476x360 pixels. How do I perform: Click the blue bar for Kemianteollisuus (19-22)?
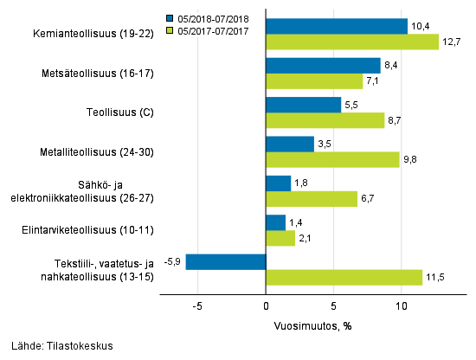click(x=337, y=26)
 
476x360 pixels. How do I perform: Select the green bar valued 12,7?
click(x=352, y=42)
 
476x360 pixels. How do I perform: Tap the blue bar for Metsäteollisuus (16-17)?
click(x=323, y=66)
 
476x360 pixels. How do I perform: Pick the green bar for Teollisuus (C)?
click(x=325, y=120)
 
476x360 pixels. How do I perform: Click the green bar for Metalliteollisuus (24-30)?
click(x=332, y=159)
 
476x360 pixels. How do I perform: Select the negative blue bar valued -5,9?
click(x=226, y=261)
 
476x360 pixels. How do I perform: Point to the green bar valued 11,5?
click(x=344, y=277)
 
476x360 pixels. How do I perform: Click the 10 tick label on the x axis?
click(x=402, y=305)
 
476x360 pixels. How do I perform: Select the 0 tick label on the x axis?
click(x=266, y=305)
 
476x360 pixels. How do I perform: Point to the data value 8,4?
click(x=391, y=66)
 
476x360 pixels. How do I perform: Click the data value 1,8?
click(x=301, y=183)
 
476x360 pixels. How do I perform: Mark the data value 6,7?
click(x=368, y=199)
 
